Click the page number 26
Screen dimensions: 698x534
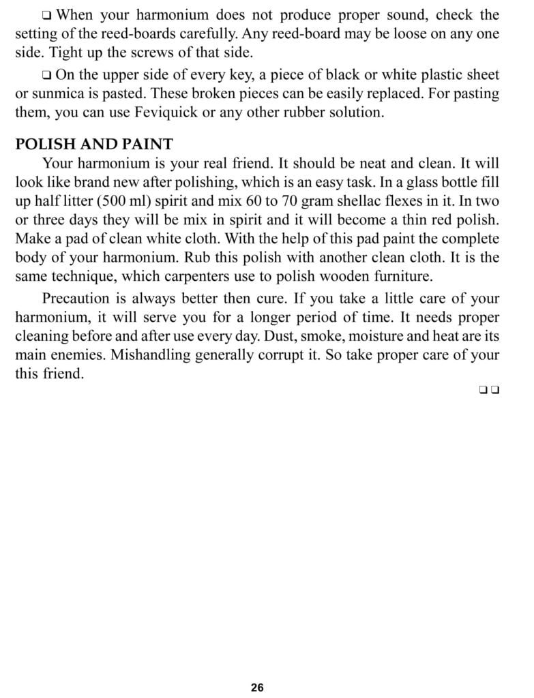[257, 687]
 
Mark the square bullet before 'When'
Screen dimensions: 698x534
[46, 15]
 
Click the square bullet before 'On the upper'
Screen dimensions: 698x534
[46, 76]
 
